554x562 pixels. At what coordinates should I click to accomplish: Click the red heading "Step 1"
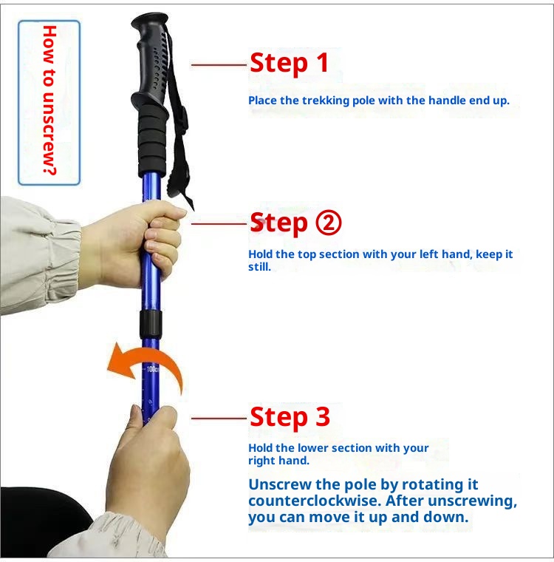(x=289, y=64)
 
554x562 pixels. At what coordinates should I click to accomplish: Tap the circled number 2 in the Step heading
(x=328, y=222)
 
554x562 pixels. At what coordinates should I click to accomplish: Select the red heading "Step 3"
(x=290, y=417)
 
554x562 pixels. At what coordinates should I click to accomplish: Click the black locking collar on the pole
(x=151, y=323)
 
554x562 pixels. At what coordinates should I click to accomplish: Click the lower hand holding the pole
(x=151, y=458)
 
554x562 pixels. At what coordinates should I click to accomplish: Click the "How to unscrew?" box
(x=49, y=102)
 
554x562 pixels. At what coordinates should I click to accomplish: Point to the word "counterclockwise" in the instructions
(x=310, y=501)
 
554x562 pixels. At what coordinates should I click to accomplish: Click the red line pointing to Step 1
(x=219, y=65)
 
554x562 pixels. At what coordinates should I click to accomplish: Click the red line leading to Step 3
(x=219, y=419)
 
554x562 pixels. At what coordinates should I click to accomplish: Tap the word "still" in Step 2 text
(x=259, y=267)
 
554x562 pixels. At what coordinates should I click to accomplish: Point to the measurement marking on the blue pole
(x=151, y=368)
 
